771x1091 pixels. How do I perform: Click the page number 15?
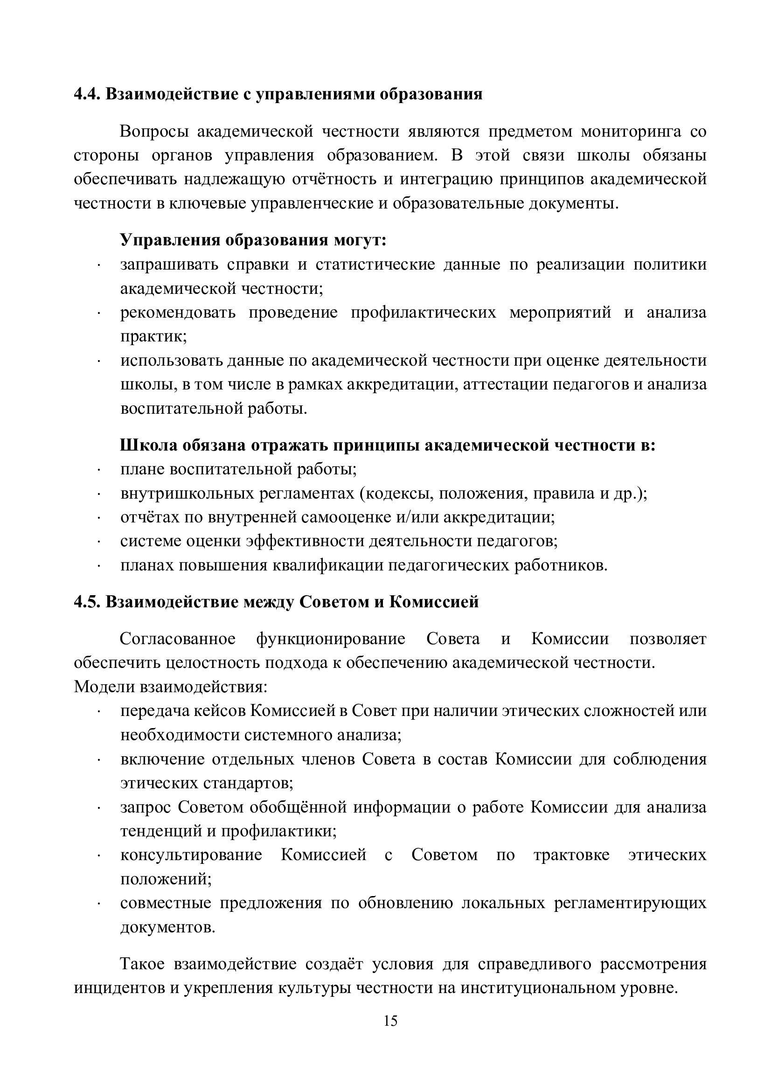click(390, 1021)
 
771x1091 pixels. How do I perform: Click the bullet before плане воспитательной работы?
click(99, 470)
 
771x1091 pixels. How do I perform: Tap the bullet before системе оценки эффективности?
click(99, 542)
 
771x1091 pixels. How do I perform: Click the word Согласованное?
click(178, 639)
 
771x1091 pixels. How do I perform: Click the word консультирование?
click(191, 855)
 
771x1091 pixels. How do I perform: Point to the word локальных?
click(503, 903)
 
